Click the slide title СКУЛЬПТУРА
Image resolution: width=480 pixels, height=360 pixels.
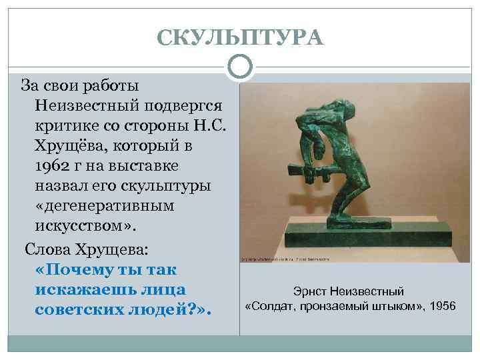240,37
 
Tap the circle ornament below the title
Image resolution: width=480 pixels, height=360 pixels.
240,67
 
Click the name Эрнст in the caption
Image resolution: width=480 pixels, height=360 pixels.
309,291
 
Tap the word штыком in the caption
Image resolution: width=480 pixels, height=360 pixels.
395,306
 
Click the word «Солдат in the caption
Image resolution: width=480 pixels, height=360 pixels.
269,306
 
